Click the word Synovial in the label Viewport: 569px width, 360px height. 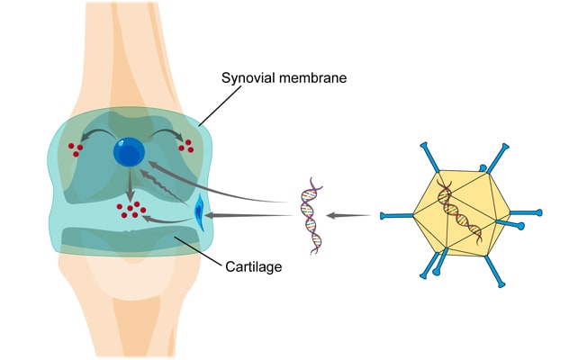click(x=248, y=78)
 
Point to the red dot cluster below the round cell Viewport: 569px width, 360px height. click(x=131, y=210)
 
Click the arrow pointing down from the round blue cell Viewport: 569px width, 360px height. click(x=131, y=184)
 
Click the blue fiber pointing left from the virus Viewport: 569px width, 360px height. click(x=396, y=215)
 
